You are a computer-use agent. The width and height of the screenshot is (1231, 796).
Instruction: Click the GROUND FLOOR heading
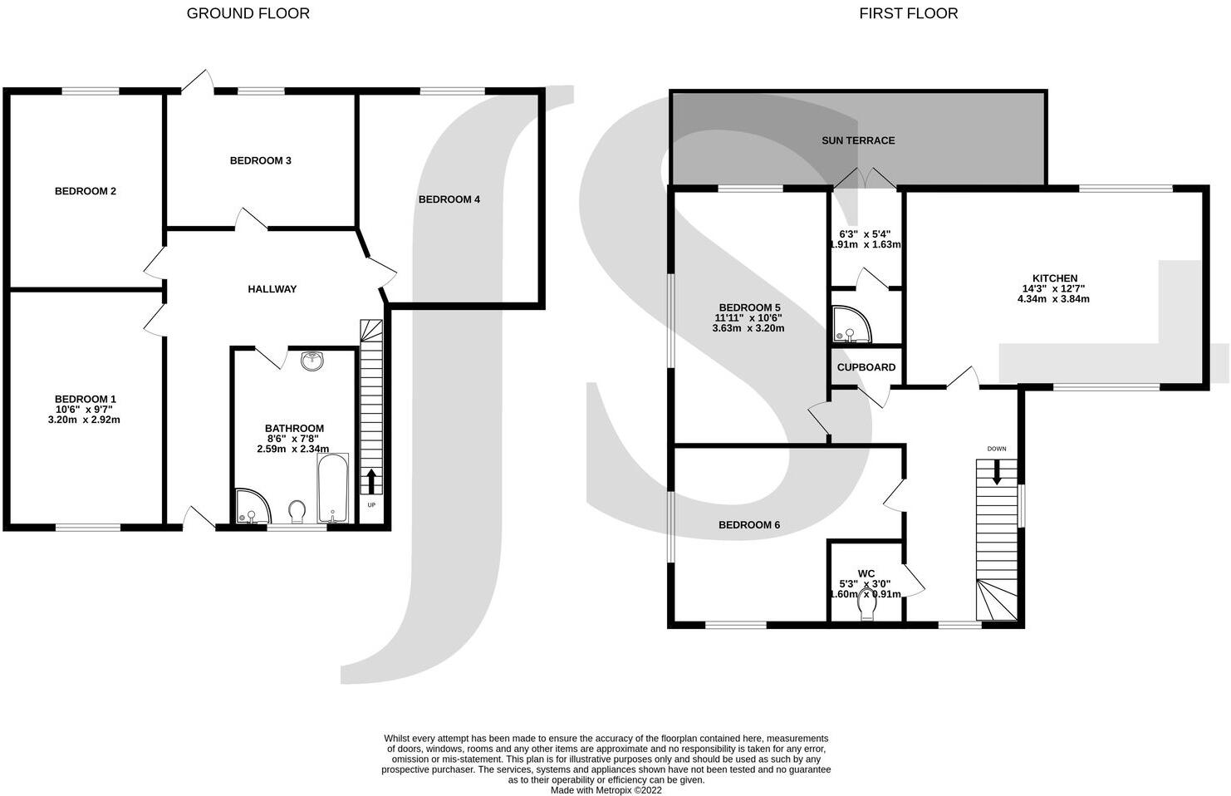coord(248,13)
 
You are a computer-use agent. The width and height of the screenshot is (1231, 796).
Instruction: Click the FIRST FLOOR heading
coord(908,13)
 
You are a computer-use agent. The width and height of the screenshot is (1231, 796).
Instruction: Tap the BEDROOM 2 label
coord(86,191)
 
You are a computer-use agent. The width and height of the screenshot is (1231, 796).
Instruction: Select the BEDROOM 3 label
coord(260,160)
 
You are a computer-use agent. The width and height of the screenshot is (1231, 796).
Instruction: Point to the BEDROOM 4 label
coord(449,199)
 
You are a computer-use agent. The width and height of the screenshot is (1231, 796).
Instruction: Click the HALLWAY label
coord(272,289)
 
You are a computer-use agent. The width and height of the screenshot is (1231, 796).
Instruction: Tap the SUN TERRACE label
coord(858,140)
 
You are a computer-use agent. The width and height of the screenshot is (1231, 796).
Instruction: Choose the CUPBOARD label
coord(866,367)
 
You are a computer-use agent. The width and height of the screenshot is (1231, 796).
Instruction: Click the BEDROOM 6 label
coord(748,525)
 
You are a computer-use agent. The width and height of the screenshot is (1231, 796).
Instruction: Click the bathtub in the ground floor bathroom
coord(332,489)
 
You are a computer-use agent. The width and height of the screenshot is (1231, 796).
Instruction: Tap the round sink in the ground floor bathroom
coord(313,361)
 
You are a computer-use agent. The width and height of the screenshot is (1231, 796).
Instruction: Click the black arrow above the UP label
coord(370,480)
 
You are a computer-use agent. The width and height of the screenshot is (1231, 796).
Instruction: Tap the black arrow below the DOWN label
coord(997,473)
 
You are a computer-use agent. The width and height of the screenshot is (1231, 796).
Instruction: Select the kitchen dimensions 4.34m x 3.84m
coord(1053,299)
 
